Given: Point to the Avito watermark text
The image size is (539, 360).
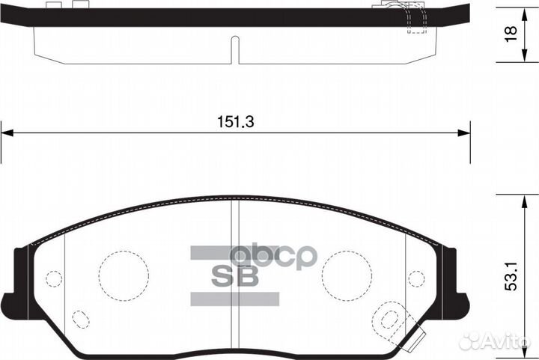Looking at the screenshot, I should [x=498, y=341].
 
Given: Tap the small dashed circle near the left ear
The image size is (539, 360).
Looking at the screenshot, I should [x=53, y=278].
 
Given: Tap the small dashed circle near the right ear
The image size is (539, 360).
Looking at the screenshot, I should [x=418, y=278].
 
